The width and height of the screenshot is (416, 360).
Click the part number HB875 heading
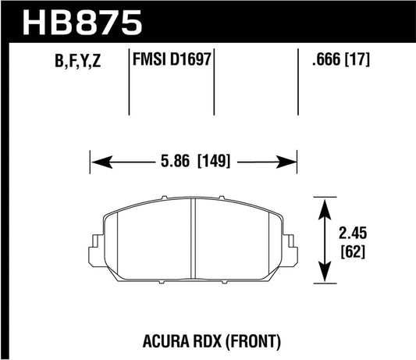click(76, 21)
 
